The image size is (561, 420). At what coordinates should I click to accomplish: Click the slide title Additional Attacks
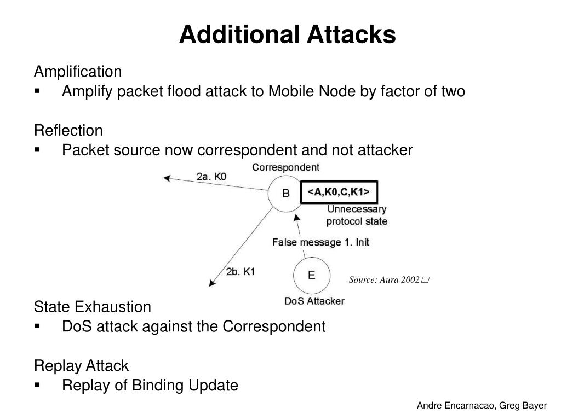pos(287,34)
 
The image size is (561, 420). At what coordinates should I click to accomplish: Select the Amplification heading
pos(78,72)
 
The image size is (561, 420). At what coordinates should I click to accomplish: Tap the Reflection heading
pos(68,131)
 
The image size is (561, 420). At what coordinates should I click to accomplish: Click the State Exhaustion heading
pos(93,306)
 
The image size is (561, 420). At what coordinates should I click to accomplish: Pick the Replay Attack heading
pos(81,365)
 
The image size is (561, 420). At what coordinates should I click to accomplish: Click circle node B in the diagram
pos(285,193)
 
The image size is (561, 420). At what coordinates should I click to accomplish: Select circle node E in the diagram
pos(311,275)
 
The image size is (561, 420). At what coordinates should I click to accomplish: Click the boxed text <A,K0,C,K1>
pos(339,192)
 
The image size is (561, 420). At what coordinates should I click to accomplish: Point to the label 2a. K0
pos(211,177)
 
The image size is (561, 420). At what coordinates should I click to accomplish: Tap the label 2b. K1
pos(240,271)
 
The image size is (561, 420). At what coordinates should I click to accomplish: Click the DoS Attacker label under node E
pos(314,301)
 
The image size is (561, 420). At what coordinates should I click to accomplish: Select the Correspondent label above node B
pos(285,167)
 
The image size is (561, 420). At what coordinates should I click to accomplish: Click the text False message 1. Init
pos(320,242)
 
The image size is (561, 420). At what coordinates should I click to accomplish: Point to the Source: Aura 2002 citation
pos(388,280)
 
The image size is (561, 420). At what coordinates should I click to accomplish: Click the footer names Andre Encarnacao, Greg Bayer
pos(482,406)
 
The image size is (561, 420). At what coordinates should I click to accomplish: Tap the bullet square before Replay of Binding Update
pos(38,386)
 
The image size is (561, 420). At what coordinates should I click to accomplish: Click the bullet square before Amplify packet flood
pos(38,91)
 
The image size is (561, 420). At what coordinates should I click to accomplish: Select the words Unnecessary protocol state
pos(357,215)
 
